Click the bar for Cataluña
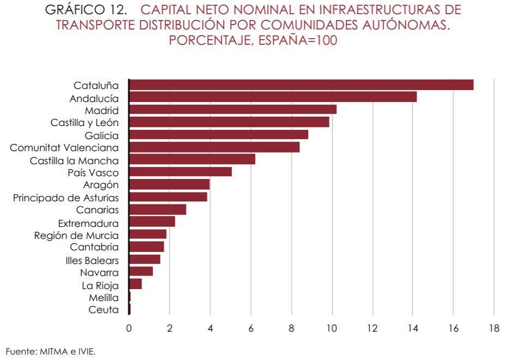pyautogui.click(x=301, y=85)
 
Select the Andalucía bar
pyautogui.click(x=273, y=98)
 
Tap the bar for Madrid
pyautogui.click(x=233, y=110)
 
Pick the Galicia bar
pyautogui.click(x=219, y=135)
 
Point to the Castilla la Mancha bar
pyautogui.click(x=192, y=160)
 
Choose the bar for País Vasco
pyautogui.click(x=180, y=172)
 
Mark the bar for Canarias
pyautogui.click(x=158, y=210)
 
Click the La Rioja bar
pyautogui.click(x=135, y=285)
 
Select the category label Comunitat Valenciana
pyautogui.click(x=64, y=148)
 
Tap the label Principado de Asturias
pyautogui.click(x=66, y=197)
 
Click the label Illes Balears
pyautogui.click(x=92, y=260)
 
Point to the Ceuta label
pyautogui.click(x=103, y=310)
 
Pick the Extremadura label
pyautogui.click(x=88, y=223)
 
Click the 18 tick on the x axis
pyautogui.click(x=493, y=328)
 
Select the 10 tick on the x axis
pyautogui.click(x=332, y=328)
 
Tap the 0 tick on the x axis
pyautogui.click(x=129, y=328)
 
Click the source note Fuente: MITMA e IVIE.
pyautogui.click(x=46, y=352)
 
